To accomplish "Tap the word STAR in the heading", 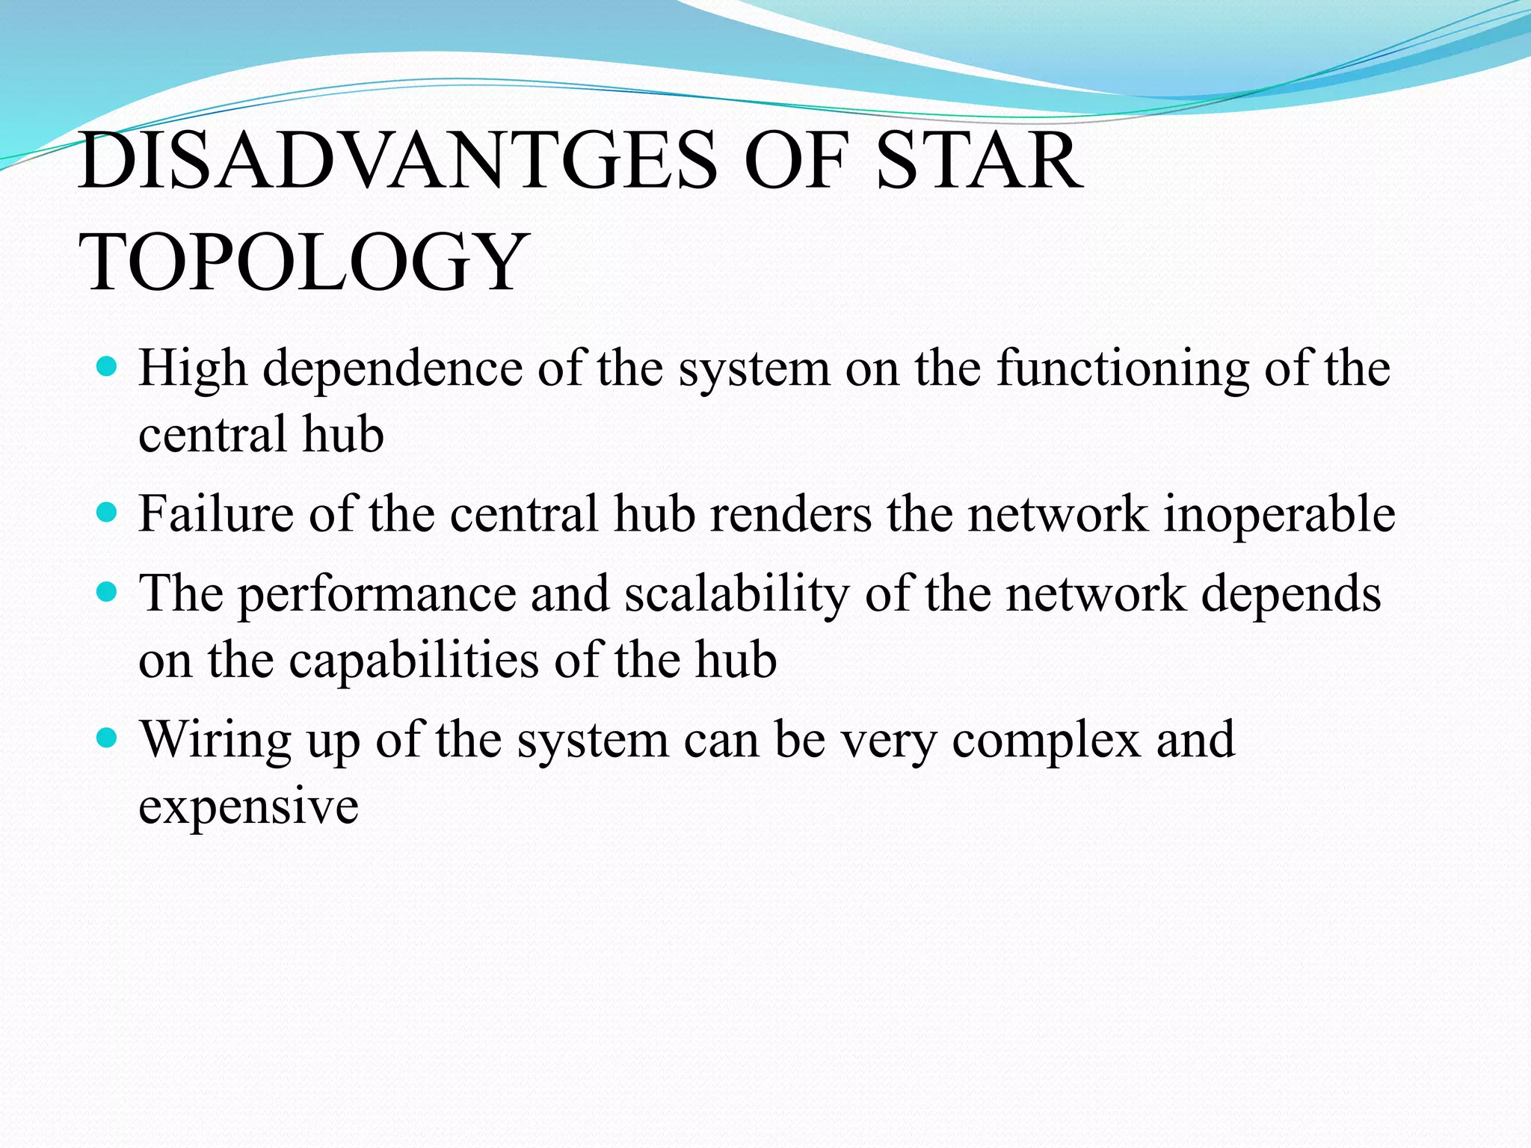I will (979, 161).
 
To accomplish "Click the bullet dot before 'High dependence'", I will (108, 366).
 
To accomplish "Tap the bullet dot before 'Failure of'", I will (108, 512).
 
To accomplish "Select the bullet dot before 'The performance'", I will (108, 592).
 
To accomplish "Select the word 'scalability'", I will (737, 594).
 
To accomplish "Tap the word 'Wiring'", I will (216, 741).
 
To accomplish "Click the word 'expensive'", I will (248, 807).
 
